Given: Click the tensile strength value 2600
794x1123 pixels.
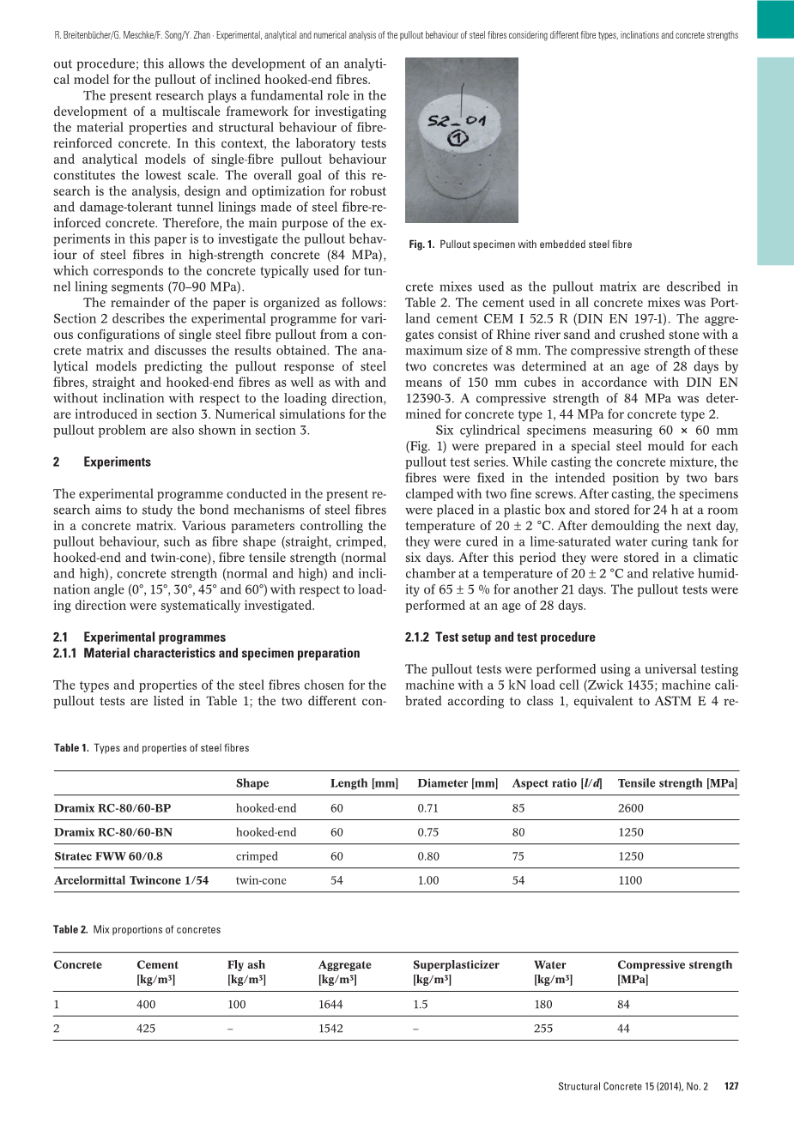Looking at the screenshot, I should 630,808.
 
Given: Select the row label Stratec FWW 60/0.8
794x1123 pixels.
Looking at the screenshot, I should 108,856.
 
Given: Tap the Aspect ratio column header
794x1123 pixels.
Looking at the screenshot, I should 556,783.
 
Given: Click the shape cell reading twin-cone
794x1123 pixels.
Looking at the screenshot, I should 261,880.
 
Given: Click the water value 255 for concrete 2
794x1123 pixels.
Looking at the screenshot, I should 543,1029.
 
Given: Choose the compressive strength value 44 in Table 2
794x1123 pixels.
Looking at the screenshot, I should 623,1029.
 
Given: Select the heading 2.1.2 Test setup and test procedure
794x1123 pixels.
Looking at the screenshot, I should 500,637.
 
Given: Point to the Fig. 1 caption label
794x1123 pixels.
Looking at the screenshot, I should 421,245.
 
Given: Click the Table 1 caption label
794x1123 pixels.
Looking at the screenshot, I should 71,748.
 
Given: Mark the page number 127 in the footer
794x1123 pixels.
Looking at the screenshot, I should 730,1086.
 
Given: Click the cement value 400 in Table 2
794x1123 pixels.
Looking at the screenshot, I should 147,1005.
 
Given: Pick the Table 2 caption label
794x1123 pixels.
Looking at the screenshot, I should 70,930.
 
